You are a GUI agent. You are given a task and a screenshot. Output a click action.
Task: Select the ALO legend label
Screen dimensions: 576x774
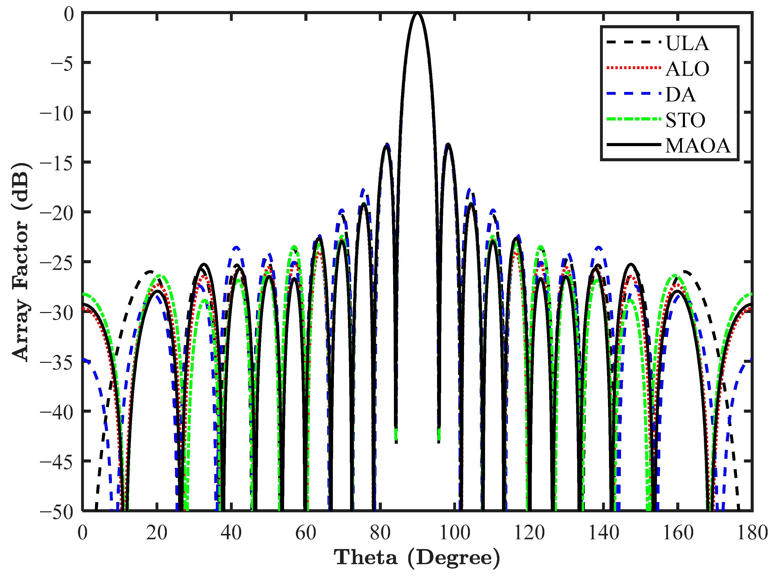pos(687,69)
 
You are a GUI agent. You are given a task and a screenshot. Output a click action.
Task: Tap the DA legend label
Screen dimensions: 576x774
pos(680,95)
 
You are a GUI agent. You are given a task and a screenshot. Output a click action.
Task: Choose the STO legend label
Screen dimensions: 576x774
pos(685,120)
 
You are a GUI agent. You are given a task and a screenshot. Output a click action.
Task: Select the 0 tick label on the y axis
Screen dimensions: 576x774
pos(69,14)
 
